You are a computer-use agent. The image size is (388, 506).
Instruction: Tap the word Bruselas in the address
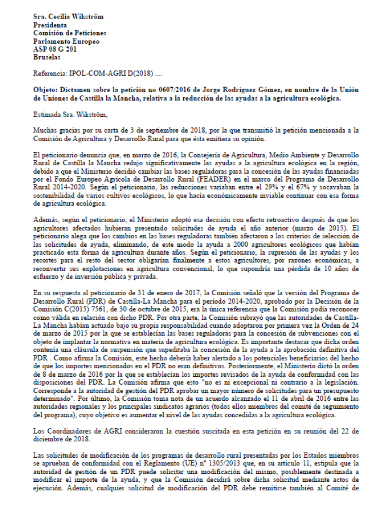click(x=46, y=57)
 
